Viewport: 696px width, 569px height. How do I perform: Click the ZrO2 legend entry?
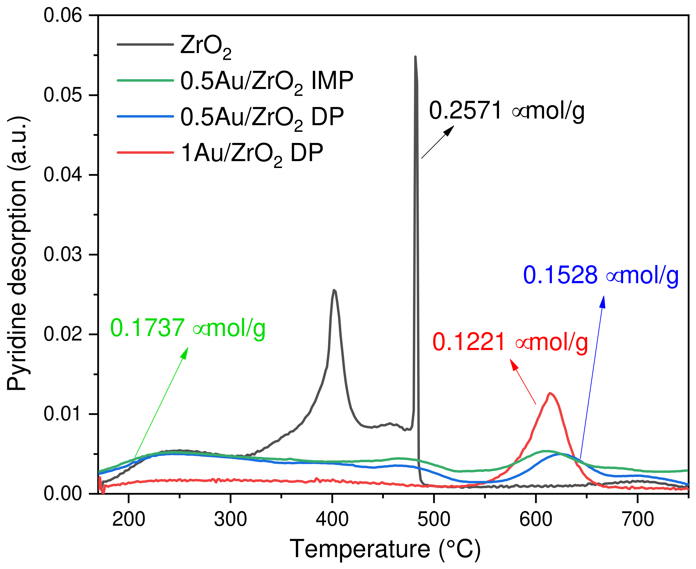tap(205, 46)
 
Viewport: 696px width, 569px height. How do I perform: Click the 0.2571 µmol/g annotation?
tap(506, 111)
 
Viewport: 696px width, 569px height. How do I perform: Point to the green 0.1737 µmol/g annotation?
tap(188, 328)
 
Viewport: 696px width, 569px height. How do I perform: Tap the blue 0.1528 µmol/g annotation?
tap(600, 275)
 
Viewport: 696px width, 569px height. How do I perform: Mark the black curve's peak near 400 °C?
tap(334, 290)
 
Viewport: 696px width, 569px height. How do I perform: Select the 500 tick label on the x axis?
tap(434, 520)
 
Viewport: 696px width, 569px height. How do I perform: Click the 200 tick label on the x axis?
tap(129, 520)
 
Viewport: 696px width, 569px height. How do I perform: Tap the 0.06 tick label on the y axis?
tap(63, 15)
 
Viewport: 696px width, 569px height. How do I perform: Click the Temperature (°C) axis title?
tap(385, 549)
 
